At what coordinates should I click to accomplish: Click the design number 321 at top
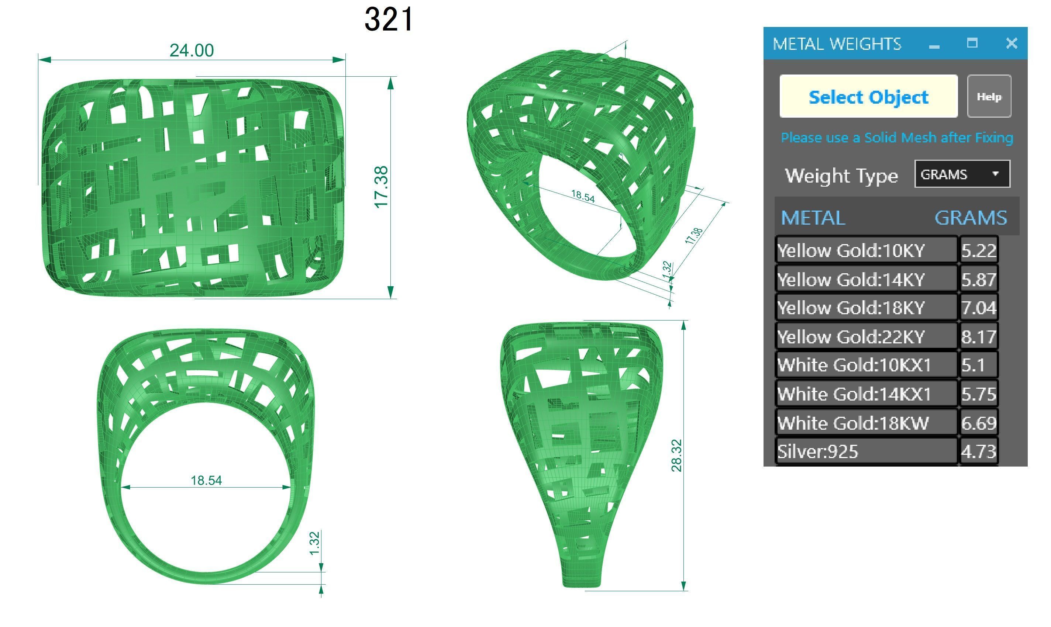pyautogui.click(x=389, y=20)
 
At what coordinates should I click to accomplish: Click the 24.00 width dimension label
pyautogui.click(x=192, y=51)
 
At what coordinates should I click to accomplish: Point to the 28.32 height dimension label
pyautogui.click(x=676, y=455)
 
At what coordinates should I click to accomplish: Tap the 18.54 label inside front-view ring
pyautogui.click(x=206, y=480)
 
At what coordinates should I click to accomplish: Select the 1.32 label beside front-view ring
pyautogui.click(x=314, y=544)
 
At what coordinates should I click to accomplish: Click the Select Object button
pyautogui.click(x=868, y=97)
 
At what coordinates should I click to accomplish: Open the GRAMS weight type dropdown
pyautogui.click(x=962, y=174)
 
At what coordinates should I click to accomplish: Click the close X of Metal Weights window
pyautogui.click(x=1011, y=43)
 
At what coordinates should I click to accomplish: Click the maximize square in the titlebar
pyautogui.click(x=972, y=43)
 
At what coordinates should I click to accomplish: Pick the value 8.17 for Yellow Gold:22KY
pyautogui.click(x=978, y=337)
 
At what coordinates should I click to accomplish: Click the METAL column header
pyautogui.click(x=813, y=218)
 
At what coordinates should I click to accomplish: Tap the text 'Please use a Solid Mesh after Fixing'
pyautogui.click(x=897, y=138)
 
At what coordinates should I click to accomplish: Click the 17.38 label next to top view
pyautogui.click(x=381, y=187)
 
